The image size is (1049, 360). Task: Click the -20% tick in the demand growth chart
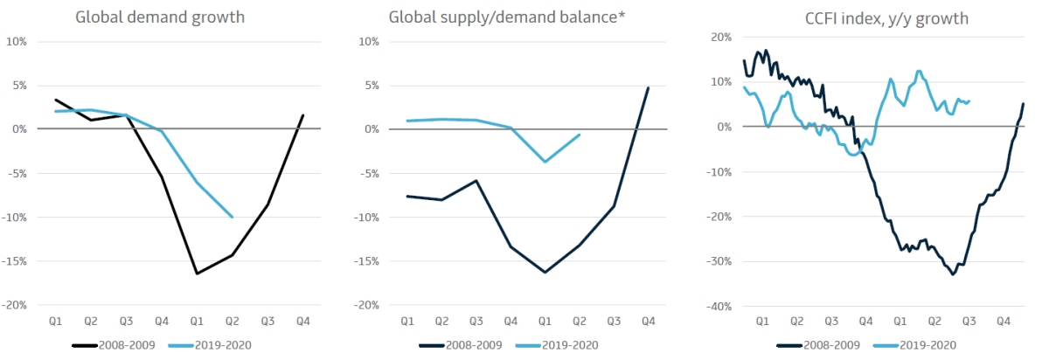(17, 305)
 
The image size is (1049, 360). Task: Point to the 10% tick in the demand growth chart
(17, 41)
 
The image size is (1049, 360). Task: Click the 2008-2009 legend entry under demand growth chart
(114, 344)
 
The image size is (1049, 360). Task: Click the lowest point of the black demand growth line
(197, 273)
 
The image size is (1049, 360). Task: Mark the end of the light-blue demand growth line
(232, 217)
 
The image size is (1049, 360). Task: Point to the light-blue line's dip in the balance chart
(545, 162)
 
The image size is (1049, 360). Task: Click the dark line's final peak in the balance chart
(649, 87)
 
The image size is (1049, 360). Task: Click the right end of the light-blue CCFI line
(969, 100)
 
